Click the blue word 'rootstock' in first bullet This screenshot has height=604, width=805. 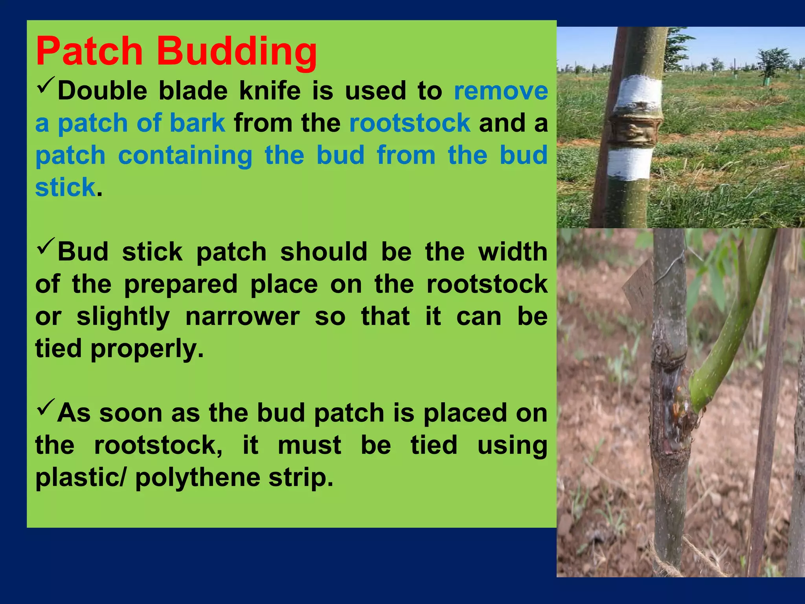pyautogui.click(x=410, y=123)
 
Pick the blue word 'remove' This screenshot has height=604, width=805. pyautogui.click(x=501, y=91)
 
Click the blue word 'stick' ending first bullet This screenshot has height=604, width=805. pyautogui.click(x=65, y=187)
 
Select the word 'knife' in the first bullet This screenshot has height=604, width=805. pyautogui.click(x=270, y=91)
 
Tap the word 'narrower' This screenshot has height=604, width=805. pyautogui.click(x=243, y=317)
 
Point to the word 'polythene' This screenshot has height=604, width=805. pyautogui.click(x=197, y=477)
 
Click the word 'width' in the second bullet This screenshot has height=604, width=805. pyautogui.click(x=512, y=252)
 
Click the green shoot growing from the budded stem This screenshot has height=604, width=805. pyautogui.click(x=727, y=334)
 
